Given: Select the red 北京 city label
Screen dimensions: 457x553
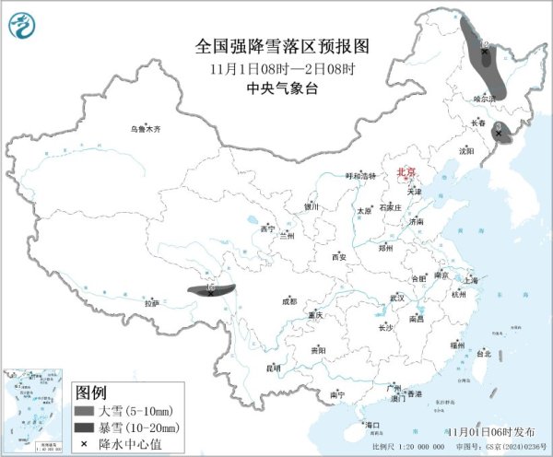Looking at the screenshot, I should coord(406,172).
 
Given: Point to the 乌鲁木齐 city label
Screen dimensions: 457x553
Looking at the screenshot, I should coord(145,130).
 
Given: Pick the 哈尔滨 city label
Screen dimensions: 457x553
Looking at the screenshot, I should coord(484,97).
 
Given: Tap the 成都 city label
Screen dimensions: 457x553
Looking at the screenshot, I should coord(289,301).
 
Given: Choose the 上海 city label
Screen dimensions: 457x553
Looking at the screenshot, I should coord(471,279).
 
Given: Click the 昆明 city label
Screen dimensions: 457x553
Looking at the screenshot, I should coord(273,368).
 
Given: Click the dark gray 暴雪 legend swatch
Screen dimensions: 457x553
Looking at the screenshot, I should coord(85,428).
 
